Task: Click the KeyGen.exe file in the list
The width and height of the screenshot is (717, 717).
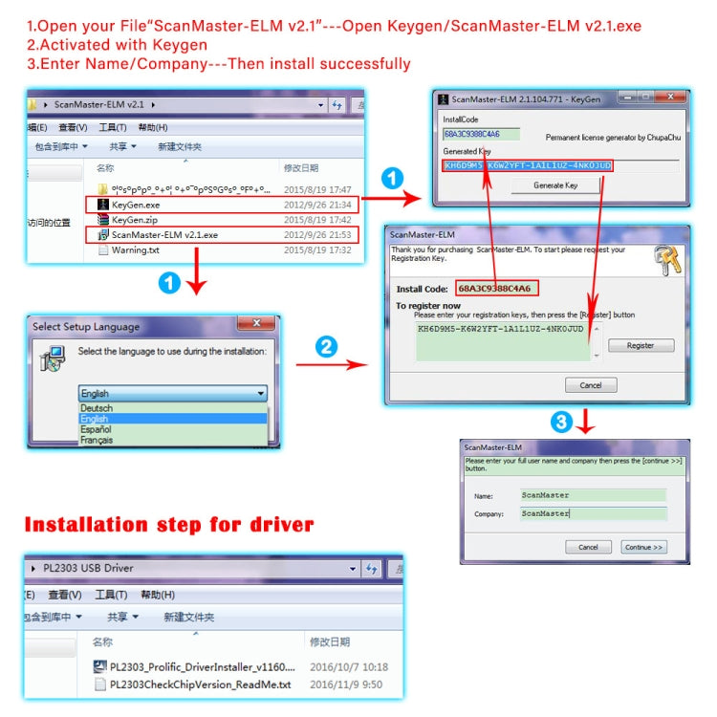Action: [136, 205]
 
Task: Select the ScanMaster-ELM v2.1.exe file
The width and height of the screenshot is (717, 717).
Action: [163, 234]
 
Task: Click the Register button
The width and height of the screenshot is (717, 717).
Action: [641, 345]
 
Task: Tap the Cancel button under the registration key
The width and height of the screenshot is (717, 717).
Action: [591, 385]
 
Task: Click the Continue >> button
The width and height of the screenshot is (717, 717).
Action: [643, 548]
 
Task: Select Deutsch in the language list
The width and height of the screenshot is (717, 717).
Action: [97, 408]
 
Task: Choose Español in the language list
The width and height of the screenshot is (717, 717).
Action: [97, 430]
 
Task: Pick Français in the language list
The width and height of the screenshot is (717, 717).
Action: [98, 441]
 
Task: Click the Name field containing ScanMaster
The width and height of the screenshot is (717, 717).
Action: [592, 495]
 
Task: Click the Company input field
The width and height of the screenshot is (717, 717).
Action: [592, 513]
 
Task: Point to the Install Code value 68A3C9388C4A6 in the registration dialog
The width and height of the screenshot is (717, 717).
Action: [493, 288]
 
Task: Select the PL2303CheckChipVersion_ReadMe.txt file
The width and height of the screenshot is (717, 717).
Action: [202, 684]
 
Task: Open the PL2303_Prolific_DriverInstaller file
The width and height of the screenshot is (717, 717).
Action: [202, 666]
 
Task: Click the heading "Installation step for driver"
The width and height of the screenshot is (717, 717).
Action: [168, 524]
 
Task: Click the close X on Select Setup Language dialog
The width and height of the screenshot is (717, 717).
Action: [255, 325]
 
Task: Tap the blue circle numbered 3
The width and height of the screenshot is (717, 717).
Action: [563, 423]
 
